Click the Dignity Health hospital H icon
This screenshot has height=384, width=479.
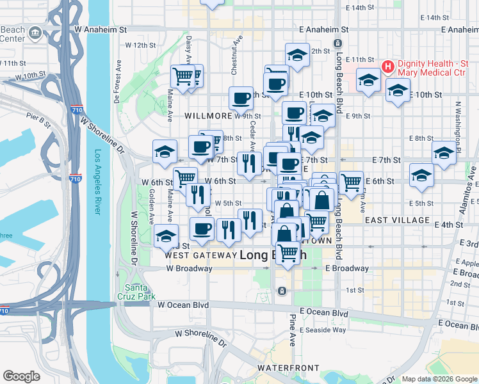[387, 67]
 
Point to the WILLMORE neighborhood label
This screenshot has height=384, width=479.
[207, 116]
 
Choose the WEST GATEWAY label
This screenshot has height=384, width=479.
[200, 255]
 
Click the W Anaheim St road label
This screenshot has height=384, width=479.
[101, 29]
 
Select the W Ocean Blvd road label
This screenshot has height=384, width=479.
[183, 305]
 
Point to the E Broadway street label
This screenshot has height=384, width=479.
[346, 268]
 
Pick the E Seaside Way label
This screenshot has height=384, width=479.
[326, 330]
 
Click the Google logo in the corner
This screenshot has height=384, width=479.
[21, 376]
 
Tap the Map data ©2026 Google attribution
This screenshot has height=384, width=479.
[439, 379]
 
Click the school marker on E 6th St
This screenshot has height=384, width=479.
[421, 175]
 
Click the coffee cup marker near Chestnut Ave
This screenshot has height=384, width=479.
[241, 99]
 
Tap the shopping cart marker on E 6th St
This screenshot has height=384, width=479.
[351, 182]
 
